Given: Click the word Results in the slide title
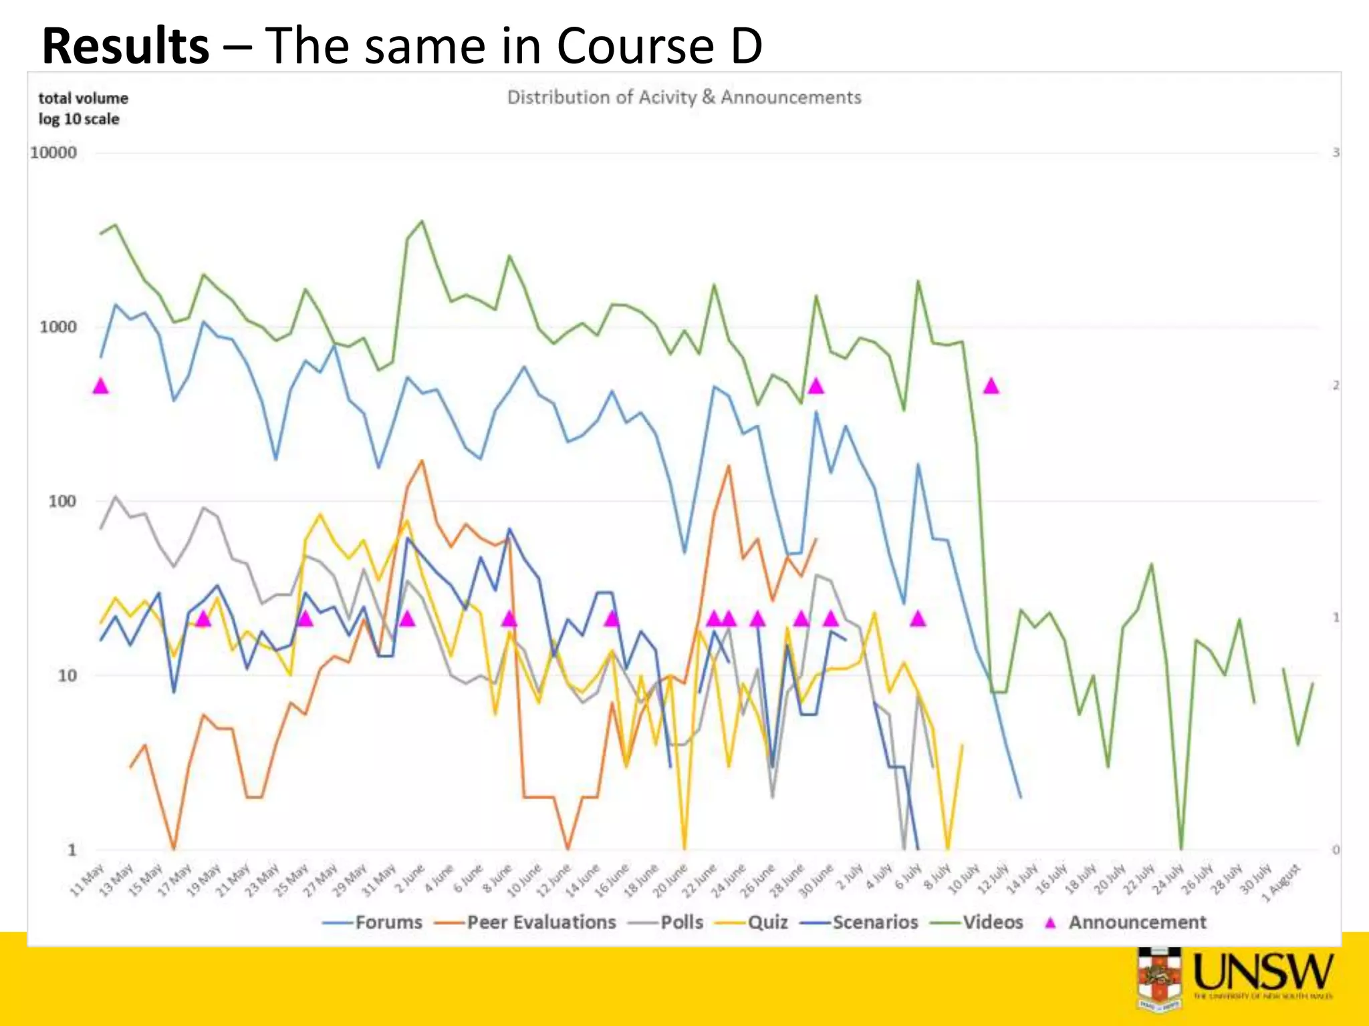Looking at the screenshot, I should (126, 47).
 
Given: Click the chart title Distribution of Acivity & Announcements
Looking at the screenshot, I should (684, 98).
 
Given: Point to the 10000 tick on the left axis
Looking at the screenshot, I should (53, 153).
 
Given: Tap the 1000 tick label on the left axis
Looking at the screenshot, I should (58, 327).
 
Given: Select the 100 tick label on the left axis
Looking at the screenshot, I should (62, 502).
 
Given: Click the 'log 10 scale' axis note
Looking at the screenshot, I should (79, 120).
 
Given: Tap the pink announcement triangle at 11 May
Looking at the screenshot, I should (101, 386).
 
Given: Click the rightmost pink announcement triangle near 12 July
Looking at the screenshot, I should (991, 386).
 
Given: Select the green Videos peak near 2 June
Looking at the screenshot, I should (421, 222).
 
